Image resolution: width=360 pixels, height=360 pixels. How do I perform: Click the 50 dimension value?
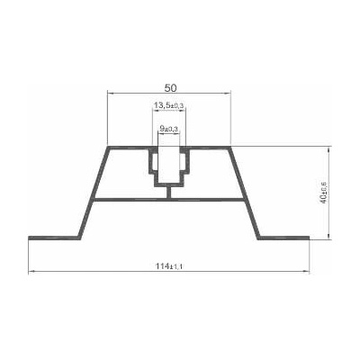coord(170,87)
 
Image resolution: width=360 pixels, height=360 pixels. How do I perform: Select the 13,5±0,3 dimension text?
coord(168,105)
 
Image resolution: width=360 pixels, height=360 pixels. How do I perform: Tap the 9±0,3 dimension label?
coord(169,129)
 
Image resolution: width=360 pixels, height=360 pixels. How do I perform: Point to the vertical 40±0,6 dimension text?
coord(324,193)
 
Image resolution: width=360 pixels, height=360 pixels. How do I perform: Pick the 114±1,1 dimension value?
coord(169,266)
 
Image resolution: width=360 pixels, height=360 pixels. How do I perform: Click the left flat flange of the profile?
coord(55,238)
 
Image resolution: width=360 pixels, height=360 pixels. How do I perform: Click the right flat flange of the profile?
coord(283,238)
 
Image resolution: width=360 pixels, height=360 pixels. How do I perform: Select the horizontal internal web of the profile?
coord(169,200)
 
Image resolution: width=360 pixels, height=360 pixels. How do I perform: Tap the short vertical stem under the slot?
coord(169,192)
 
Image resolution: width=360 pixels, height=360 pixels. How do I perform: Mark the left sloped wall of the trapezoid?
coord(94,192)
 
